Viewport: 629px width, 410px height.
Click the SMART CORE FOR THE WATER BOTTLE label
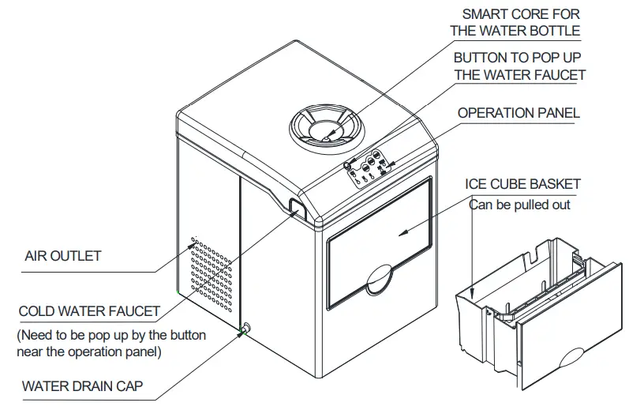pyautogui.click(x=516, y=23)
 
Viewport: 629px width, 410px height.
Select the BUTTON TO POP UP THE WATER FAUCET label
pyautogui.click(x=519, y=67)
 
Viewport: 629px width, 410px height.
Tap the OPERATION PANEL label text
pyautogui.click(x=519, y=113)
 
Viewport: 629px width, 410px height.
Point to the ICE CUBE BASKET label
pyautogui.click(x=522, y=184)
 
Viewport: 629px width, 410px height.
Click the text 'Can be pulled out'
pyautogui.click(x=520, y=205)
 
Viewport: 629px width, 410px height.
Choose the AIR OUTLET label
pyautogui.click(x=63, y=256)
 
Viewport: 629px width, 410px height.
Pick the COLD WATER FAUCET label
pyautogui.click(x=89, y=312)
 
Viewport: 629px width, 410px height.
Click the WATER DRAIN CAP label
pyautogui.click(x=83, y=388)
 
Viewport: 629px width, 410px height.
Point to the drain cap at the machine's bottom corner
pyautogui.click(x=246, y=329)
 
